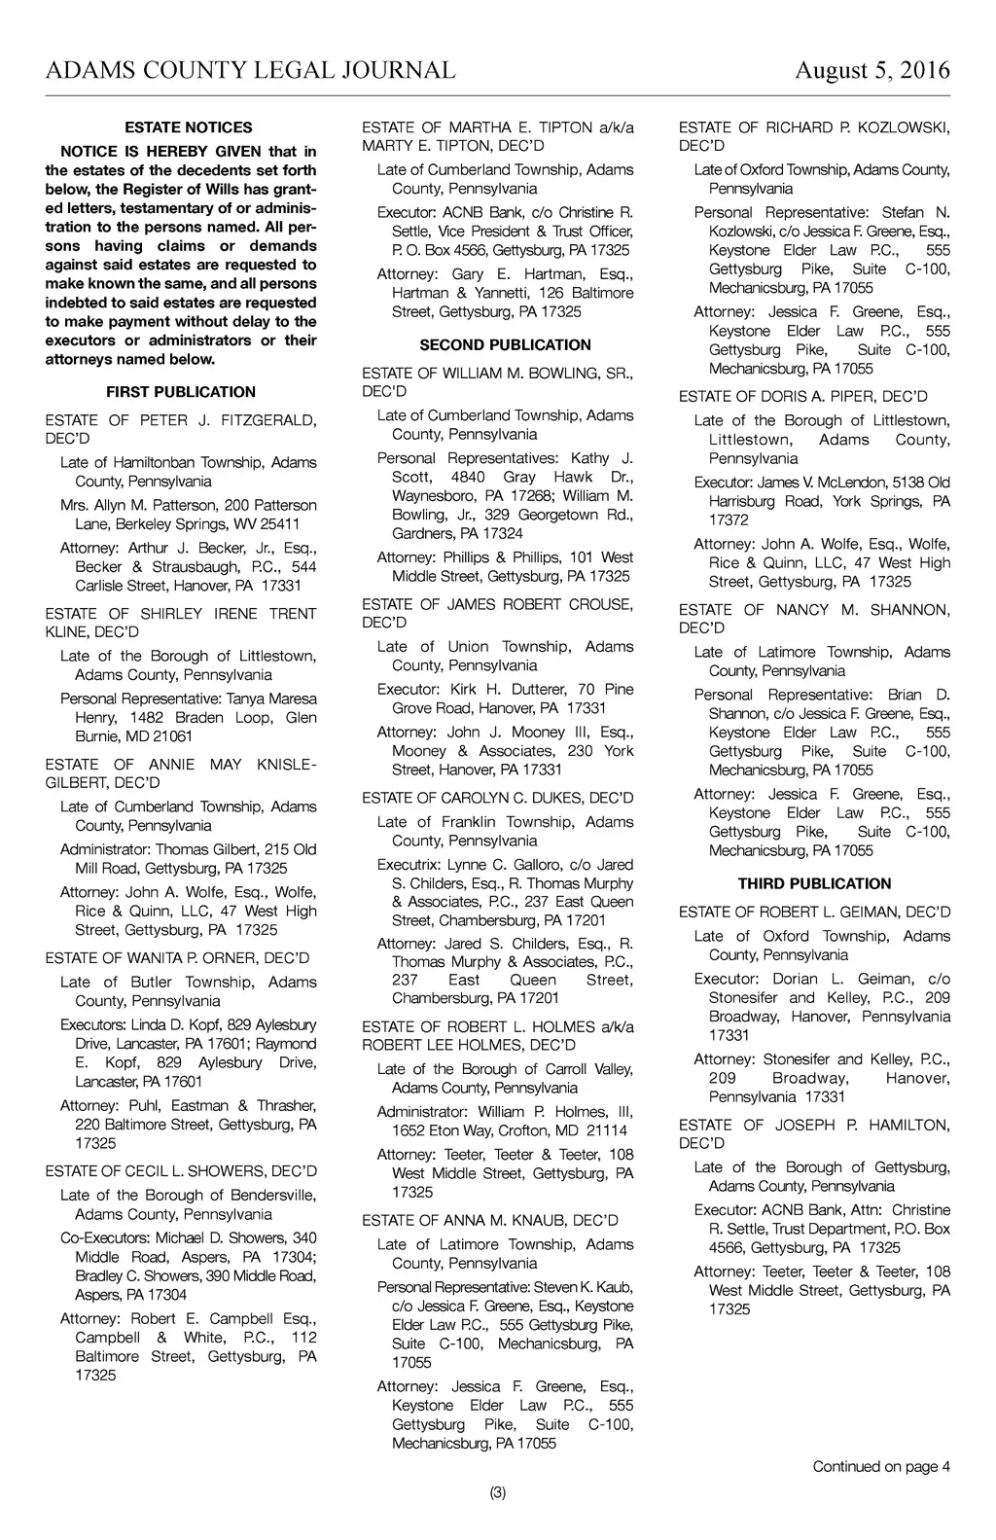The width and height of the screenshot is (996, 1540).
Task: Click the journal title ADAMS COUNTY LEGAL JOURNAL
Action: (x=250, y=70)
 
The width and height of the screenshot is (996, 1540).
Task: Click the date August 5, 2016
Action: (x=871, y=70)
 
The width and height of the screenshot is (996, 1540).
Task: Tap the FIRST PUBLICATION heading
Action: (x=181, y=392)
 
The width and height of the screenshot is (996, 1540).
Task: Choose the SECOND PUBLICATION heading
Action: (x=505, y=345)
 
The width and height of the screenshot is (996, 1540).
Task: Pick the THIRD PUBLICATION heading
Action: (x=814, y=884)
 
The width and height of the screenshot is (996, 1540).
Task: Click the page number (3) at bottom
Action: (x=498, y=1492)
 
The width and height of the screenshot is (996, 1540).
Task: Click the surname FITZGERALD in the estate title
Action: (x=268, y=420)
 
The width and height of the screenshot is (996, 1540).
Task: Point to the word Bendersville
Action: (x=266, y=1196)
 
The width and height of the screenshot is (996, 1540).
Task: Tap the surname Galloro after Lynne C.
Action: (x=522, y=865)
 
